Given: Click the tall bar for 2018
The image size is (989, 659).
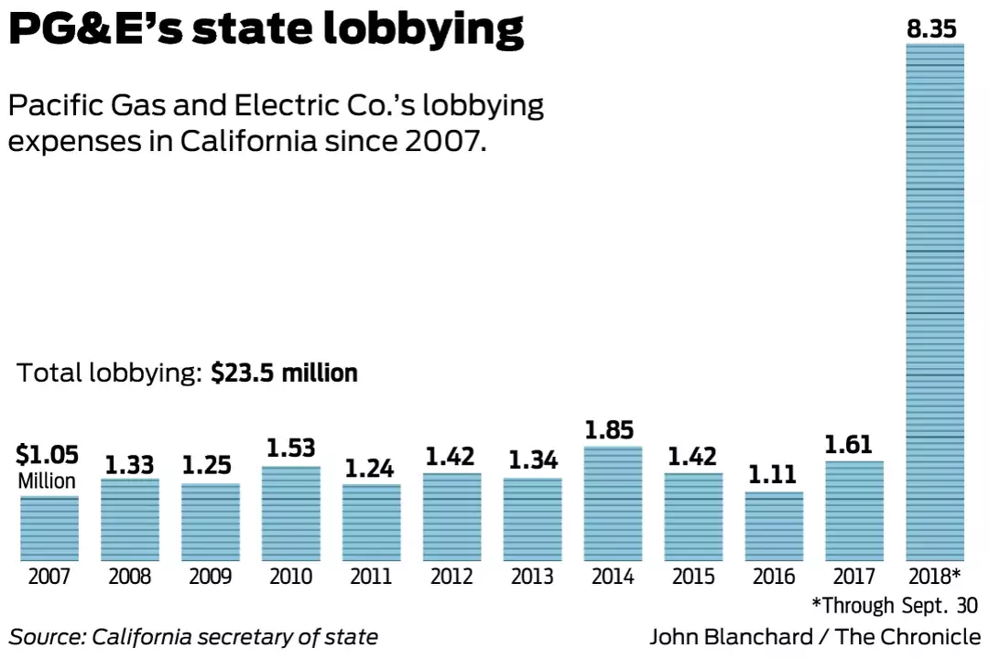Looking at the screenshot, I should (935, 302).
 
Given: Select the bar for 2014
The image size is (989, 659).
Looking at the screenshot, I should (613, 503).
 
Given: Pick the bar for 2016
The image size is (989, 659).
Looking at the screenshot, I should (774, 526).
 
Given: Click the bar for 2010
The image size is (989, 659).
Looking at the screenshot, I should (291, 513).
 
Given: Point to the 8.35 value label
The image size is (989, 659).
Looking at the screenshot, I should (932, 29).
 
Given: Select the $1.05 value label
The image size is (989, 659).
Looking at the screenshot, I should (48, 455).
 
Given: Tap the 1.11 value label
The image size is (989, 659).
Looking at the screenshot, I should (774, 474).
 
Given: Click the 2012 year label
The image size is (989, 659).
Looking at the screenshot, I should (451, 578).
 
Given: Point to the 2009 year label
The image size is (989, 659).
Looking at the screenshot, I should (211, 578).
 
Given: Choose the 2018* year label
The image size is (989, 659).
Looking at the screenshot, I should (935, 578).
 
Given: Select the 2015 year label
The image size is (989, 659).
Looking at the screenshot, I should (693, 578).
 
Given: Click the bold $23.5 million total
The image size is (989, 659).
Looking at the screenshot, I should (284, 373).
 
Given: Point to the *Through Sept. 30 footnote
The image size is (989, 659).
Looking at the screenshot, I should (895, 605).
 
